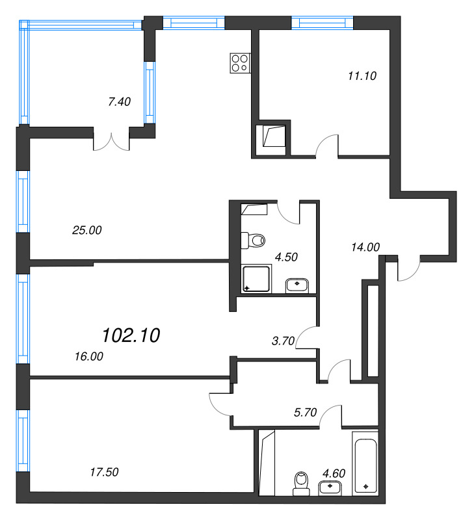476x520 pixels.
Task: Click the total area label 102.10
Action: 131,335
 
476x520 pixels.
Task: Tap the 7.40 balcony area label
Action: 120,101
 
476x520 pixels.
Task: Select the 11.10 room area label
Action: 362,76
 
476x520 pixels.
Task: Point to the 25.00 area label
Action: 87,230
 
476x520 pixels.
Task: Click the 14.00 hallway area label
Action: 365,247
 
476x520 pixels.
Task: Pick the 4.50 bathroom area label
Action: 286,257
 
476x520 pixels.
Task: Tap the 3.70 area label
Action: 284,341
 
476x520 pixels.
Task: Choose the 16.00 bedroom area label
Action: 89,356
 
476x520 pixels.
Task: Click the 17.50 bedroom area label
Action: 104,472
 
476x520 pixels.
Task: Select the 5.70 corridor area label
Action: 306,412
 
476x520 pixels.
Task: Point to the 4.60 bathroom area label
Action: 334,473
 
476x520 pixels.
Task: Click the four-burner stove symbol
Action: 240,63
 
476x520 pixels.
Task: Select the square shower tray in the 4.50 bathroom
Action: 257,279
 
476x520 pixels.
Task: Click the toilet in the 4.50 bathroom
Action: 253,240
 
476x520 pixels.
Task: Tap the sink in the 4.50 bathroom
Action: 297,286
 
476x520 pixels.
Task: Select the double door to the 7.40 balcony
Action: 111,142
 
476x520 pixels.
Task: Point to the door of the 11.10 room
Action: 327,145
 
